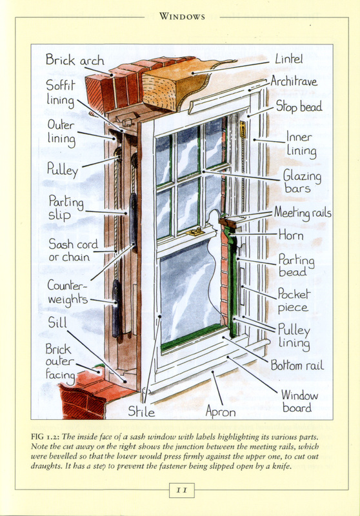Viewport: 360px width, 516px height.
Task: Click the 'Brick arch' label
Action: (x=75, y=60)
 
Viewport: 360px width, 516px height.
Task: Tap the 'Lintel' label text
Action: (x=288, y=59)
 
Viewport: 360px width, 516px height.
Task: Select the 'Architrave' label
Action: (x=294, y=81)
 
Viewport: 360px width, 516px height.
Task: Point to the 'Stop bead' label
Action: (x=299, y=106)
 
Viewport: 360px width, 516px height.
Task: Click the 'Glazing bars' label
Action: (x=302, y=182)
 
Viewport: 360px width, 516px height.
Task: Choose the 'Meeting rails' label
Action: (x=303, y=213)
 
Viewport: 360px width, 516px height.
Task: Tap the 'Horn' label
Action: (x=291, y=235)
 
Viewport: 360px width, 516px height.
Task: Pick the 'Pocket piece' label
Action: (x=294, y=300)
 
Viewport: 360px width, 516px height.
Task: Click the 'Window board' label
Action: (x=299, y=401)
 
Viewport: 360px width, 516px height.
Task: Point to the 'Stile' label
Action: (x=141, y=412)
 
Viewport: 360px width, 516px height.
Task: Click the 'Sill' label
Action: (x=57, y=322)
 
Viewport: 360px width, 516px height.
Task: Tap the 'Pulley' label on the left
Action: (x=63, y=170)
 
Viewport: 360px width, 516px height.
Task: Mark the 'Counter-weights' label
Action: (x=68, y=293)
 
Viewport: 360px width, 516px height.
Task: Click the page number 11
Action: (x=182, y=490)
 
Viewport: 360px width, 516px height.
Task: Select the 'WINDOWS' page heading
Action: (x=182, y=17)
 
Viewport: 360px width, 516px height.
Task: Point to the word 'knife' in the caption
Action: (x=281, y=466)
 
